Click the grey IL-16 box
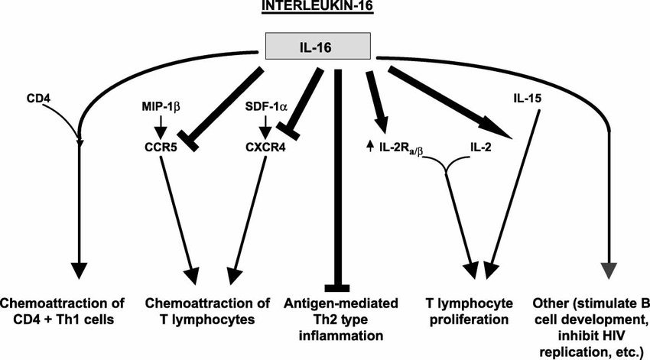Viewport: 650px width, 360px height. pos(318,47)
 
